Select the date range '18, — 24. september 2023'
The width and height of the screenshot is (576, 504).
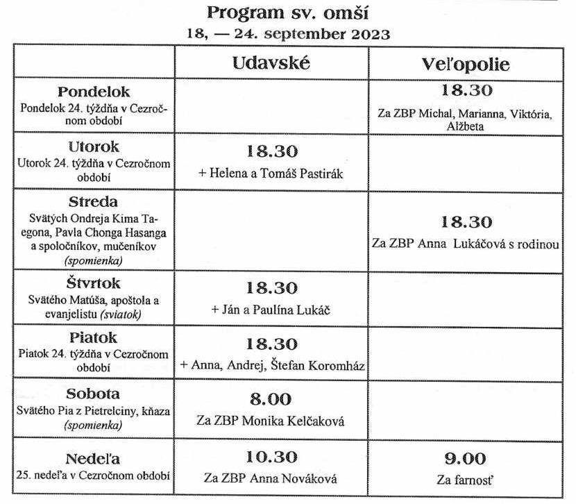[288, 33]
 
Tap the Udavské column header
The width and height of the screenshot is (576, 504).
[271, 63]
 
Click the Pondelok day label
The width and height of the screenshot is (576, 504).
[94, 92]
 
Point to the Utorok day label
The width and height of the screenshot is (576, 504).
[94, 147]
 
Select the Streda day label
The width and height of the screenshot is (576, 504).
[94, 202]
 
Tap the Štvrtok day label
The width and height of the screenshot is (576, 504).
[94, 284]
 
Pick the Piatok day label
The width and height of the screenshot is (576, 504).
[94, 338]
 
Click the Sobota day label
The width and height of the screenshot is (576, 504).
[94, 393]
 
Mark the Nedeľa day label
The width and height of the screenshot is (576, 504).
[94, 459]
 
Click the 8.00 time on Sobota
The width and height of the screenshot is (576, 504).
[271, 399]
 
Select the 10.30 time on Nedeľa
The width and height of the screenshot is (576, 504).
[271, 457]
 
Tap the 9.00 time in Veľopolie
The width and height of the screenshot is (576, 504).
[465, 458]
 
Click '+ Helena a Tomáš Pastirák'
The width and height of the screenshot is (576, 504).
[271, 173]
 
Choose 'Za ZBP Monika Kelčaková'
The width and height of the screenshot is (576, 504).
[271, 421]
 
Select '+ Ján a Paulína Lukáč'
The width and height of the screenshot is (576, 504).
[271, 310]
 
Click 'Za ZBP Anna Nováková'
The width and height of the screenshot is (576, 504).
[271, 478]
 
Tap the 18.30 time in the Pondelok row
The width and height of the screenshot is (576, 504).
[466, 90]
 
